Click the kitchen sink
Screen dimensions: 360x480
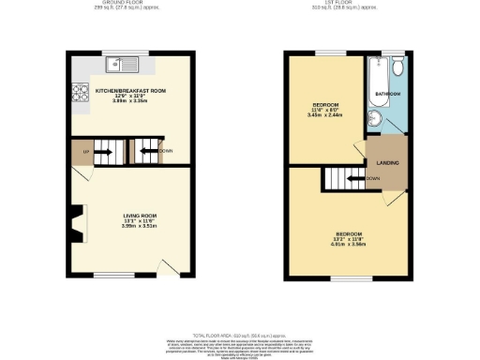tap(118, 65)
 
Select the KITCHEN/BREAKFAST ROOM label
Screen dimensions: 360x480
tap(130, 90)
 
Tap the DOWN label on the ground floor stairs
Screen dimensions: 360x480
tap(166, 150)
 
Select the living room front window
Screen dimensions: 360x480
tap(105, 276)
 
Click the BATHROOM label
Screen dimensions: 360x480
tap(389, 95)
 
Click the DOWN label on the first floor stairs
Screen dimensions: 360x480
tap(373, 178)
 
